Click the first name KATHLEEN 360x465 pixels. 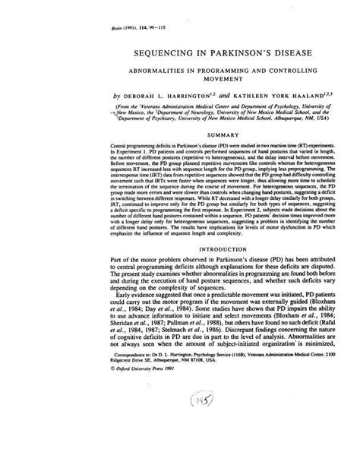coord(226,96)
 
